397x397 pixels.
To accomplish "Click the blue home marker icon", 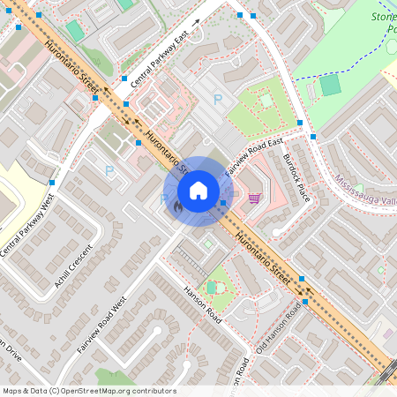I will (x=198, y=190).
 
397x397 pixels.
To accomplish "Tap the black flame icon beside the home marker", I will (x=178, y=207).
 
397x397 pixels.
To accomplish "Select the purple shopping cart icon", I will (x=255, y=198).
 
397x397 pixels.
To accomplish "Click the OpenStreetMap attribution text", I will (x=88, y=391).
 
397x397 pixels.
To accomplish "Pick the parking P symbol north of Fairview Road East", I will (x=218, y=100).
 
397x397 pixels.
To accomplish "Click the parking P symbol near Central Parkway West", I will (x=109, y=170).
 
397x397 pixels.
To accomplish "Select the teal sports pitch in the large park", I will (x=329, y=85).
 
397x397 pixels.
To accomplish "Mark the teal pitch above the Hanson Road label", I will (x=211, y=287).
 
